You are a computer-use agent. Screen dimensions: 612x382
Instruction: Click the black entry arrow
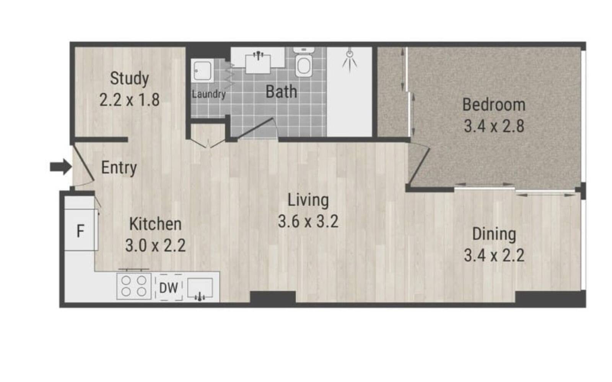(61, 167)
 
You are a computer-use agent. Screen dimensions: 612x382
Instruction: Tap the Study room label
(130, 79)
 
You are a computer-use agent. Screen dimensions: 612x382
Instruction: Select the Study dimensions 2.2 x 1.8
(130, 100)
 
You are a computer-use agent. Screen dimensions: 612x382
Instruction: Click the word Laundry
(209, 94)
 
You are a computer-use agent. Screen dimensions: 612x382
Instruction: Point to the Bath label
(282, 92)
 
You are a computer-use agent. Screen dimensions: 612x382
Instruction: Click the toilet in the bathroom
(304, 62)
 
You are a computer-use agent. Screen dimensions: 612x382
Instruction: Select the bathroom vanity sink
(258, 64)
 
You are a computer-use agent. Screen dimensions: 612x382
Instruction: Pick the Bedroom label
(494, 105)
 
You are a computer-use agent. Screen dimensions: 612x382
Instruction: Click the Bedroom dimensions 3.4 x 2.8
(494, 126)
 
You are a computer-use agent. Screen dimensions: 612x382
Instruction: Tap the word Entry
(119, 168)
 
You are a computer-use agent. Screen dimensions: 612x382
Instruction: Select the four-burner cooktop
(134, 286)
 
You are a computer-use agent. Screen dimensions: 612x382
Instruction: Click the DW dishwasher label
(168, 288)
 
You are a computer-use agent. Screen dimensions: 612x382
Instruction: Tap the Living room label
(308, 200)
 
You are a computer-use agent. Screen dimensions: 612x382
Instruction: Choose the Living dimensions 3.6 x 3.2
(308, 221)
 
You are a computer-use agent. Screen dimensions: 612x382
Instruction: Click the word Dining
(494, 235)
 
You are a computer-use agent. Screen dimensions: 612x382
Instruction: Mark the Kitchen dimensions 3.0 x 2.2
(155, 245)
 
